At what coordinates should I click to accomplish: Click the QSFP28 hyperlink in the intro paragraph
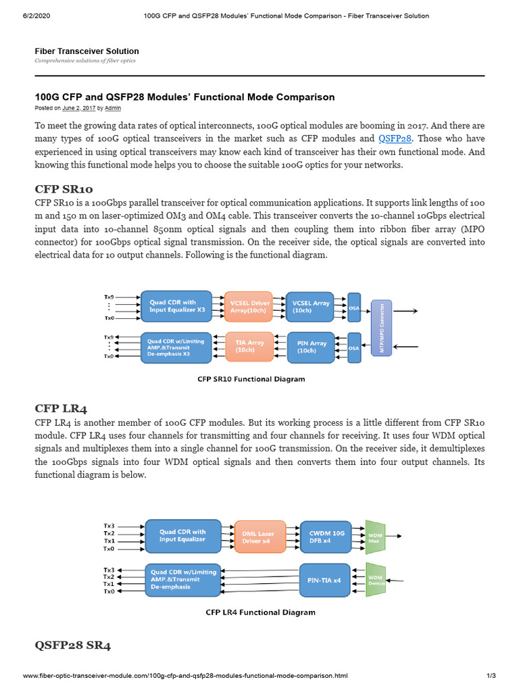(395, 139)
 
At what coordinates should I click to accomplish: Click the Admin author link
(114, 108)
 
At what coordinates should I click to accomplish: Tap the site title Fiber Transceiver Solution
(86, 51)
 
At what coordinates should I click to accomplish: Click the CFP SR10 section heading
(64, 189)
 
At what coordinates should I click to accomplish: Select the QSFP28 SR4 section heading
(72, 645)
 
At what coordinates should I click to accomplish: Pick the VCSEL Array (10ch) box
(312, 307)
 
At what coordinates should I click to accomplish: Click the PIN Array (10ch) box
(312, 347)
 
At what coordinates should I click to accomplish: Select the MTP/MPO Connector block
(381, 327)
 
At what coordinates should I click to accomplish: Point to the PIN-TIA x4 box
(324, 580)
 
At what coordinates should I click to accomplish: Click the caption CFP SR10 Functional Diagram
(251, 379)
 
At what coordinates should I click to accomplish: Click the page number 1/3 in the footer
(491, 676)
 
